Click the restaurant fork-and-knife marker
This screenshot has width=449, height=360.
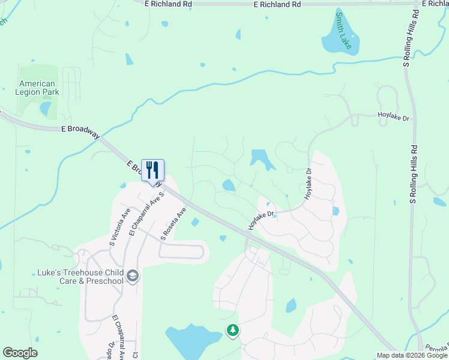152,170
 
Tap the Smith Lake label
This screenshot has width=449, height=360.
344,30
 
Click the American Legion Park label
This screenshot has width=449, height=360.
37,88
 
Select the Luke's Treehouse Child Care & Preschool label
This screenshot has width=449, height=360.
80,277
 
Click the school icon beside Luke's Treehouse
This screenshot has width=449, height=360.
133,276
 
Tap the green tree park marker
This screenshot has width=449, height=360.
232,330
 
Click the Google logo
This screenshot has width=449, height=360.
20,353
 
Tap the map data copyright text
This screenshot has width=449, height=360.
411,355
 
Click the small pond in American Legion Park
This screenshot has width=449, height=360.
45,109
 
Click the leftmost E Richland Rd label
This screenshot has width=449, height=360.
169,4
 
